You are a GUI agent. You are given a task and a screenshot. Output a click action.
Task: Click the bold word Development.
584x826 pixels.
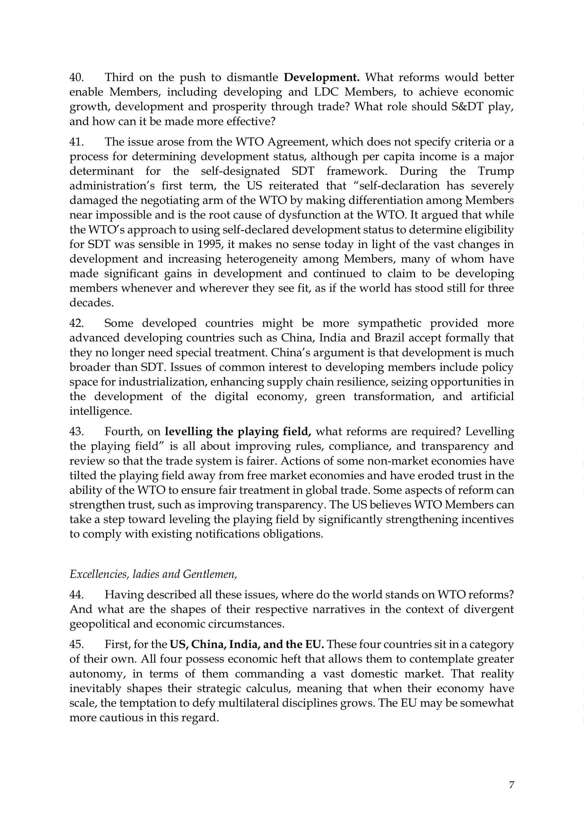[x=322, y=77]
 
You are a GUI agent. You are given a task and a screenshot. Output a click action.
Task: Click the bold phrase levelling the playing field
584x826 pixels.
[x=238, y=432]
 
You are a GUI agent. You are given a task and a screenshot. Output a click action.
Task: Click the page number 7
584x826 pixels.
[x=511, y=785]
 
